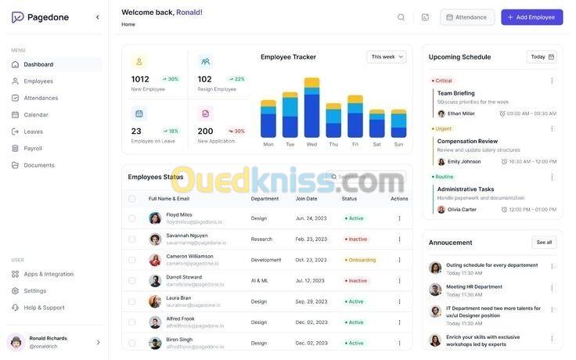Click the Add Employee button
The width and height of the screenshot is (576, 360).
pyautogui.click(x=531, y=17)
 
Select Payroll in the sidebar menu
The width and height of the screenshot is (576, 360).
pyautogui.click(x=33, y=148)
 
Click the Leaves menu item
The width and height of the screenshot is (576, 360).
pyautogui.click(x=33, y=131)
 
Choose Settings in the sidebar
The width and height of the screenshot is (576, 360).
pyautogui.click(x=34, y=291)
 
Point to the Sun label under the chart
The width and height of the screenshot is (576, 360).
pyautogui.click(x=398, y=144)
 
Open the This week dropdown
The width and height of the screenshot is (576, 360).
pyautogui.click(x=387, y=57)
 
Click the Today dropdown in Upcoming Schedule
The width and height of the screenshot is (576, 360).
pyautogui.click(x=542, y=57)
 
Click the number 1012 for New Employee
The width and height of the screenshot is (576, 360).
pyautogui.click(x=140, y=79)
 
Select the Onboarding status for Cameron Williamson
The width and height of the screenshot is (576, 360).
pyautogui.click(x=361, y=260)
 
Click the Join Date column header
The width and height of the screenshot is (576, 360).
pyautogui.click(x=306, y=199)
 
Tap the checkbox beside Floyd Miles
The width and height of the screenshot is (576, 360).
pyautogui.click(x=131, y=218)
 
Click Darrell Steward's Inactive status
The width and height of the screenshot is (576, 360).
pyautogui.click(x=356, y=281)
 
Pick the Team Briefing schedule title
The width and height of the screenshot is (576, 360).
pyautogui.click(x=455, y=93)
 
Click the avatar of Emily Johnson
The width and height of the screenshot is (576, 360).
pyautogui.click(x=441, y=162)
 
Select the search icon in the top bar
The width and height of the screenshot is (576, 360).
pyautogui.click(x=401, y=17)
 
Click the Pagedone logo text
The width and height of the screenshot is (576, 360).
pyautogui.click(x=48, y=17)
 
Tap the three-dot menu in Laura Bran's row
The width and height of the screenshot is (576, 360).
pyautogui.click(x=399, y=301)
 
